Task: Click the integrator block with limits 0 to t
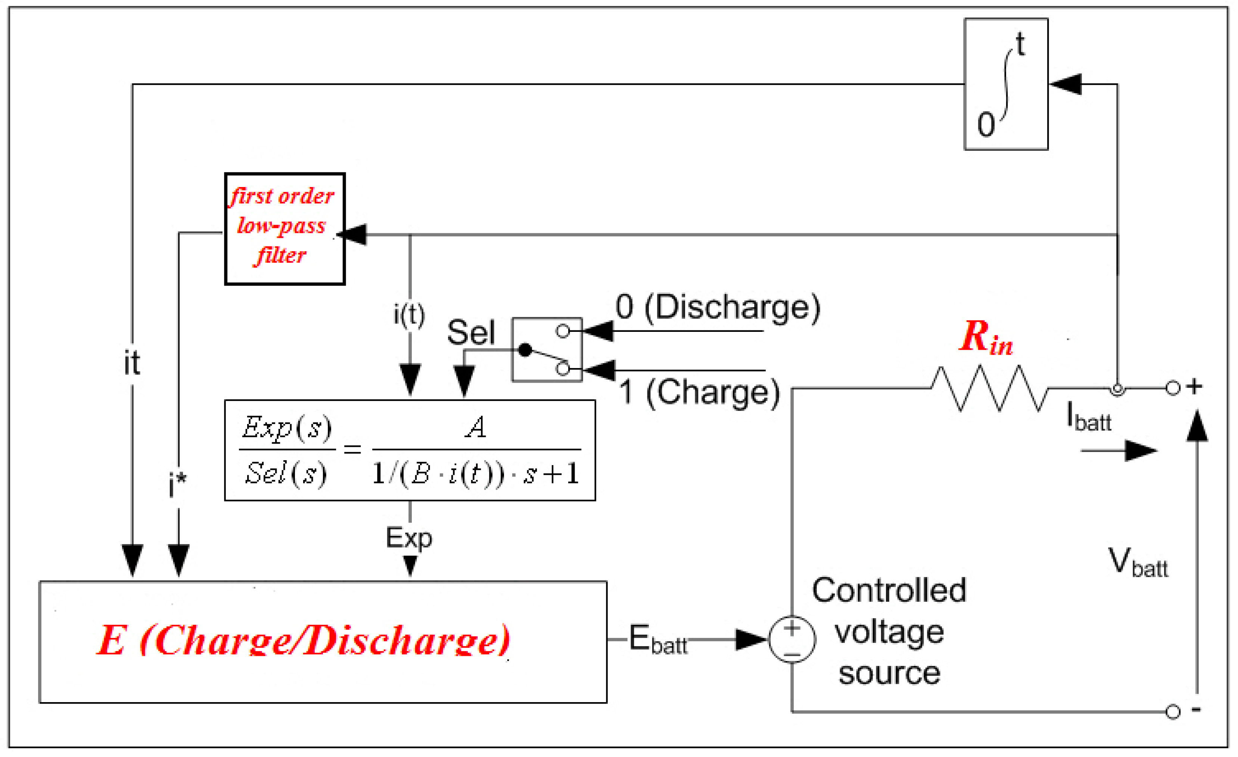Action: tap(1006, 84)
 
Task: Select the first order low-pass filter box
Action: tap(284, 228)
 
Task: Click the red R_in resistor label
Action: tap(985, 337)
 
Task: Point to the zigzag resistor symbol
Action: tap(989, 388)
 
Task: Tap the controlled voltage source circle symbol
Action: tap(792, 639)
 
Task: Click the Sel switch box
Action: tap(547, 350)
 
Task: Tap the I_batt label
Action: tap(1088, 418)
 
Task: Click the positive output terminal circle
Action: tap(1173, 388)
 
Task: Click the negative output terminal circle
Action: tap(1173, 712)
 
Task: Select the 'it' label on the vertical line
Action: tap(132, 363)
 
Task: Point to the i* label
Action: tap(177, 485)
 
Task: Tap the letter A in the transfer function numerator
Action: tap(475, 427)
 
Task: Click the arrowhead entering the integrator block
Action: tap(1065, 84)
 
